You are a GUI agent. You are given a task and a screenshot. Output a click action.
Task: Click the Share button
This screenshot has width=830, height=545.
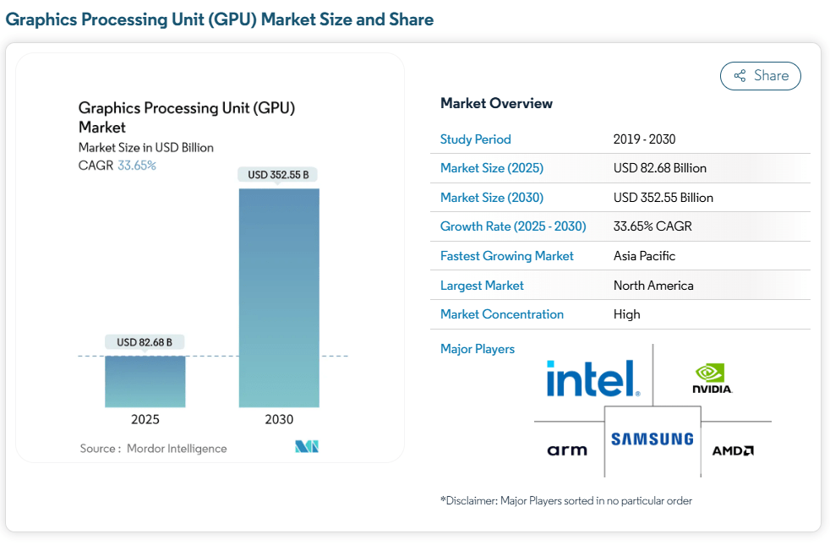(760, 76)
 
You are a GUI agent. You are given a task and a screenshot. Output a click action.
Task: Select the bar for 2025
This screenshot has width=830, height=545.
(145, 381)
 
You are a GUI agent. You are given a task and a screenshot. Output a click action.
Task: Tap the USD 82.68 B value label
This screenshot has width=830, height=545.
(145, 342)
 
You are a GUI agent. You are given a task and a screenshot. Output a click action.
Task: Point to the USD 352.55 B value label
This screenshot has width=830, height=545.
(279, 175)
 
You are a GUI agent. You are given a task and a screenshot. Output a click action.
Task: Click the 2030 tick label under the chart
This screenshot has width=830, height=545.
(279, 419)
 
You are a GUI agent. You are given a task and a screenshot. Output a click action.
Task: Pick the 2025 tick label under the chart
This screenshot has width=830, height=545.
(145, 419)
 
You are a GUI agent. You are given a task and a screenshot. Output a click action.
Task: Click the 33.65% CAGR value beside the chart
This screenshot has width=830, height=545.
(137, 166)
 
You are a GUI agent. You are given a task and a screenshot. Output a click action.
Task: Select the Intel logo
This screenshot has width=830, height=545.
(592, 379)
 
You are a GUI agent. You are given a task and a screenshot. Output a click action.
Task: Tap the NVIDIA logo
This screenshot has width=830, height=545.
(712, 379)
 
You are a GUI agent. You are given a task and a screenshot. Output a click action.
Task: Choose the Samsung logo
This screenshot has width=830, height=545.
(652, 439)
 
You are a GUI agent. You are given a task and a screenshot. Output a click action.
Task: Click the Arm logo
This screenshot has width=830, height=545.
(567, 450)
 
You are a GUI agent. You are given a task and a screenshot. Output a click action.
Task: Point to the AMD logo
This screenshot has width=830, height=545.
(732, 450)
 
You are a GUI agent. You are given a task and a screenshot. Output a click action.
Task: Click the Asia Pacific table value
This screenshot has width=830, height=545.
(644, 255)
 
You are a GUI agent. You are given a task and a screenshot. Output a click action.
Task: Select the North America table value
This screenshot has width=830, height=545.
(653, 285)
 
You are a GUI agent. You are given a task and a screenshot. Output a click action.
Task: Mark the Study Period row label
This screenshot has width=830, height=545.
(476, 139)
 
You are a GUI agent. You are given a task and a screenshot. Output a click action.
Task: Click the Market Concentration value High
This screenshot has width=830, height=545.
(626, 314)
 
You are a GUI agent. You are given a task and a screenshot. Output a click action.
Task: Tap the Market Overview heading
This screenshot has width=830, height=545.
(496, 103)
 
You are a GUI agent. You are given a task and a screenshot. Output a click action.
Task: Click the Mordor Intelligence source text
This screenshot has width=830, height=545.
(177, 449)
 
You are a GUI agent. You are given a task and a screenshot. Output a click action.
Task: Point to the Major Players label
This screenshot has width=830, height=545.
(478, 349)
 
